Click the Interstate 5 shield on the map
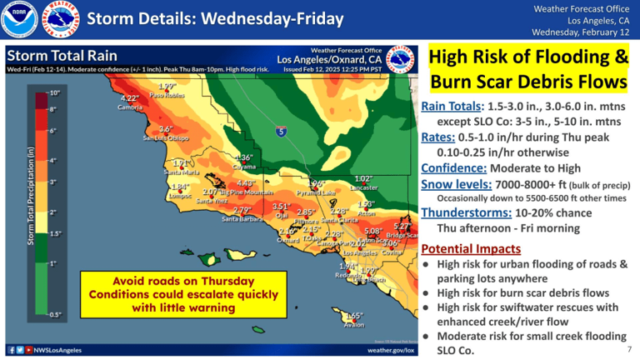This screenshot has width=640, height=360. [282, 131]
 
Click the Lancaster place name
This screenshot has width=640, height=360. [363, 187]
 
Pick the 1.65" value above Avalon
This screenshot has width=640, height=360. [353, 316]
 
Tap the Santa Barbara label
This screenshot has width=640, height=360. [242, 218]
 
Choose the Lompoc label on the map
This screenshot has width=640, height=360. [181, 195]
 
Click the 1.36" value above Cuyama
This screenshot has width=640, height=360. [243, 157]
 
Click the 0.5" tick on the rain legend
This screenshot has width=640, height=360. [54, 314]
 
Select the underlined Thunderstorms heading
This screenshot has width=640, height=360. [460, 212]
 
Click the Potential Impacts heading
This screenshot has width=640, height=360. [471, 248]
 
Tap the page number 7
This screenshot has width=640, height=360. [629, 349]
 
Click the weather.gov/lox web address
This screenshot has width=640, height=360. [390, 351]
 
